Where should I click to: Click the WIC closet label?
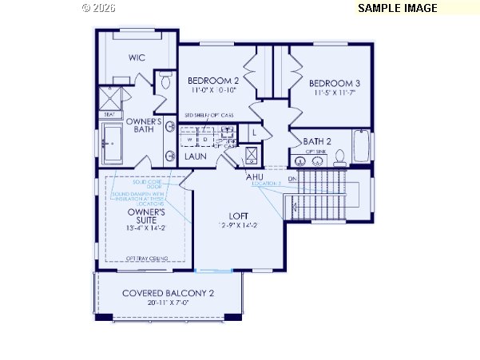137,57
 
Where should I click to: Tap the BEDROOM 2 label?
213,81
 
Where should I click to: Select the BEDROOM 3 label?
335,83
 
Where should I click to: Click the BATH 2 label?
317,141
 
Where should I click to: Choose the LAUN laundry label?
196,156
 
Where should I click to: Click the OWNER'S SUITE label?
146,216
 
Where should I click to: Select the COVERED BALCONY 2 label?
168,293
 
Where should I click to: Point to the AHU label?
255,176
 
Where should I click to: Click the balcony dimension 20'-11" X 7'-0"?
168,303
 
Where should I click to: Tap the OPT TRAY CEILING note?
147,257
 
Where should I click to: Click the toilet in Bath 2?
339,156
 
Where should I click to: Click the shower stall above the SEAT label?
108,98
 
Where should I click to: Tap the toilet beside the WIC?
165,80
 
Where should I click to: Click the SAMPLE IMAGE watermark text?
397,8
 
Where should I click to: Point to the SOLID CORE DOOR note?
147,184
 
